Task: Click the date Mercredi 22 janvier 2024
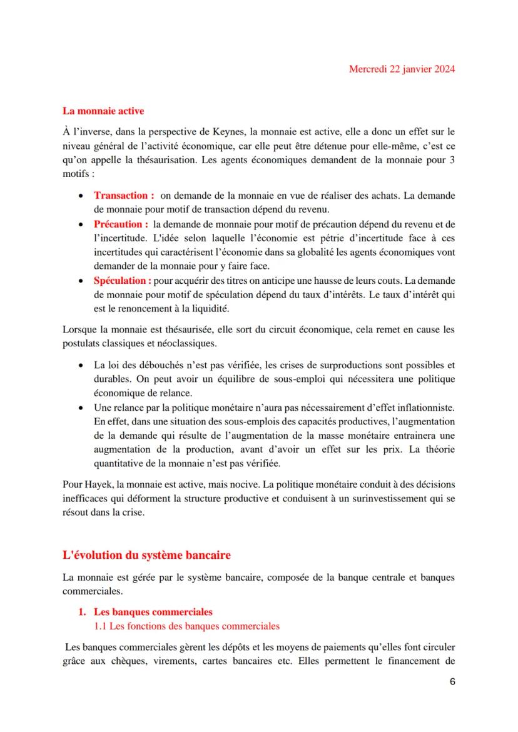pos(401,69)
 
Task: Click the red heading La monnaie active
pos(103,111)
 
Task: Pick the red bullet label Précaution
pos(121,223)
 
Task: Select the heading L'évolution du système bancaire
pos(146,554)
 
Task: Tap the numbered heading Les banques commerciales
pos(153,611)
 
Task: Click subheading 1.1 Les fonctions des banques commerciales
pos(186,625)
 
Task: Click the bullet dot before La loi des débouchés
pos(82,365)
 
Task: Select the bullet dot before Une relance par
pos(82,408)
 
